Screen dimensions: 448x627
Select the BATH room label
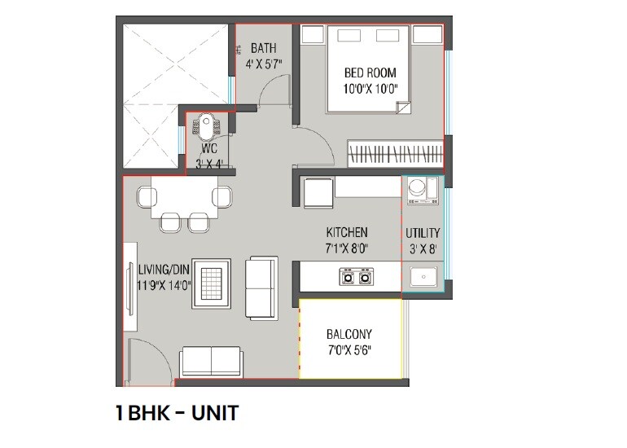(263, 48)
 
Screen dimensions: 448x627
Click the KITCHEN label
(347, 232)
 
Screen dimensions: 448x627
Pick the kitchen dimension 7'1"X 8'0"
(347, 248)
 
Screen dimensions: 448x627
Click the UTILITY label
(423, 233)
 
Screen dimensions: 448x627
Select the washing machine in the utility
(420, 190)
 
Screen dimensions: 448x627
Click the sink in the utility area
(423, 278)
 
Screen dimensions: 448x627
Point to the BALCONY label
(349, 334)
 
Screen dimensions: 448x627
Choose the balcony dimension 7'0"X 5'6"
(349, 352)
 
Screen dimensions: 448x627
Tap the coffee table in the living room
(212, 283)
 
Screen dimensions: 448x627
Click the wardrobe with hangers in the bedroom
(395, 152)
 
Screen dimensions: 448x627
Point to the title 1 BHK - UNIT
(178, 413)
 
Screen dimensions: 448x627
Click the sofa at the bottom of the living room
(211, 360)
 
